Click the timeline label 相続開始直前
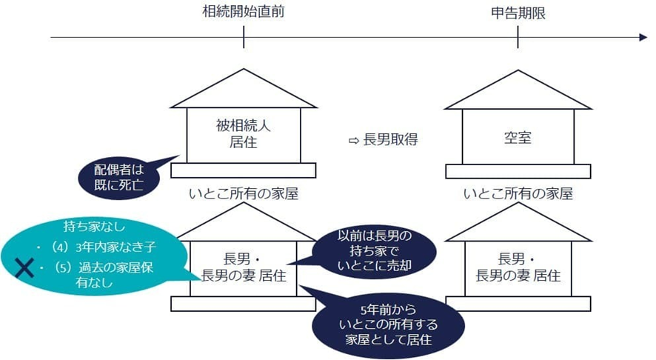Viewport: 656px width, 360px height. (244, 13)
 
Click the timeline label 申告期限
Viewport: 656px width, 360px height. (518, 13)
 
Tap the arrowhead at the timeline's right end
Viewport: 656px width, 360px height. (643, 37)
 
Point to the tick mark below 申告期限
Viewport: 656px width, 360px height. (518, 37)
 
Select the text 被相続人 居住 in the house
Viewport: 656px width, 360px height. (244, 133)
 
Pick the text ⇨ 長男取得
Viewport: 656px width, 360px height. (383, 139)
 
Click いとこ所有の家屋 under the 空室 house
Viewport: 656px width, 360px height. (518, 194)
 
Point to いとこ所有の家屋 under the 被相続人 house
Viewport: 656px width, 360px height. (244, 194)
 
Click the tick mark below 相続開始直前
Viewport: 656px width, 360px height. (244, 37)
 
